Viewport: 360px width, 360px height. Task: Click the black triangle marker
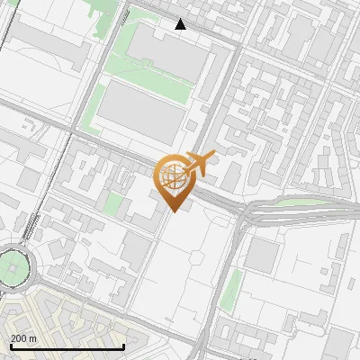tap(181, 24)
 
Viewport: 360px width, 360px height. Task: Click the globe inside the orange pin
tap(172, 175)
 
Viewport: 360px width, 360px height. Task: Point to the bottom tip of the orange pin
tap(172, 211)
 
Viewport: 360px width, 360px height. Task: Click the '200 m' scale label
tap(23, 338)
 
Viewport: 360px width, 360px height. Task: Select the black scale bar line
tap(67, 347)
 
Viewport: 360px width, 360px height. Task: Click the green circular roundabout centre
tap(13, 267)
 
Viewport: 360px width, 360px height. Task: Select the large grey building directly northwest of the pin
tap(139, 112)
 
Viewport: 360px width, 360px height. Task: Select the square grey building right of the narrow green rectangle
tap(263, 256)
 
